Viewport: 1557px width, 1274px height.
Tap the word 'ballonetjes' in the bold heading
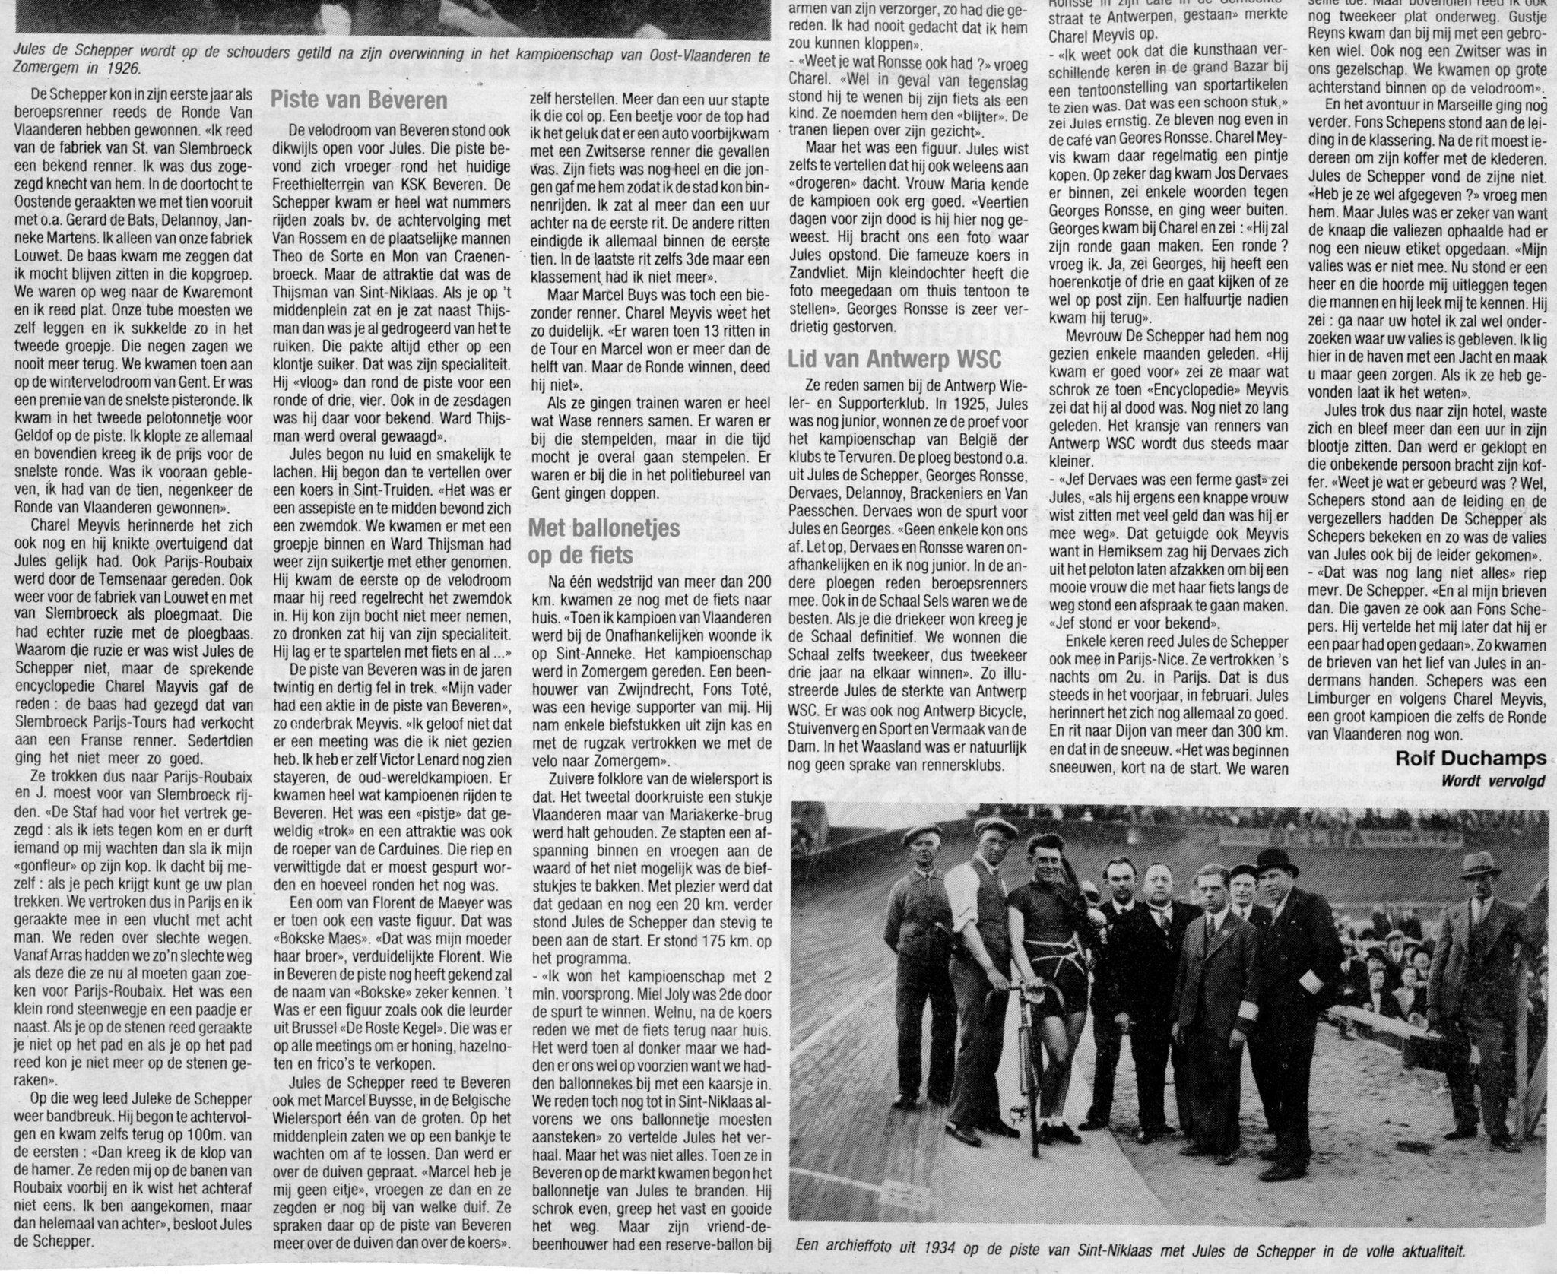pyautogui.click(x=616, y=528)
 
